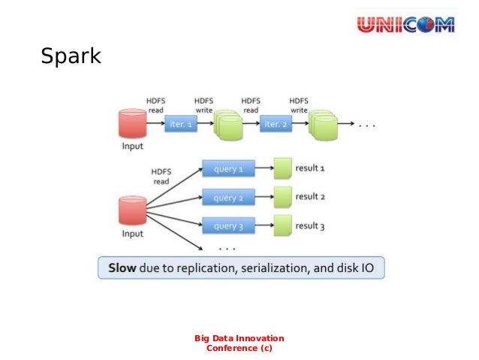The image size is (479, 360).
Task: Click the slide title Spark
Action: click(71, 56)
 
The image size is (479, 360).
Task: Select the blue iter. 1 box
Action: click(181, 125)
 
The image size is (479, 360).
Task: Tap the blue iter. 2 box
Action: click(276, 125)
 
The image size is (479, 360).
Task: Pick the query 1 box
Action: click(228, 169)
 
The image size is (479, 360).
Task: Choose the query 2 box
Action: click(228, 198)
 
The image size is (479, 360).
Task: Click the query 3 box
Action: click(228, 225)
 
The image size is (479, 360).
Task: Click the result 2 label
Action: click(309, 197)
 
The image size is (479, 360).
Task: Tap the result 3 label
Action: click(309, 225)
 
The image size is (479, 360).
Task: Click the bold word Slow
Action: click(123, 268)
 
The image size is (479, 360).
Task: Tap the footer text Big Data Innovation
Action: click(239, 337)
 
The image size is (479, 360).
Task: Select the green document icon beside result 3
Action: click(282, 225)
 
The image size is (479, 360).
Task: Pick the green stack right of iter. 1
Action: click(227, 125)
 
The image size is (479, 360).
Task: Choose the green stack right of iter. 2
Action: click(323, 125)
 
